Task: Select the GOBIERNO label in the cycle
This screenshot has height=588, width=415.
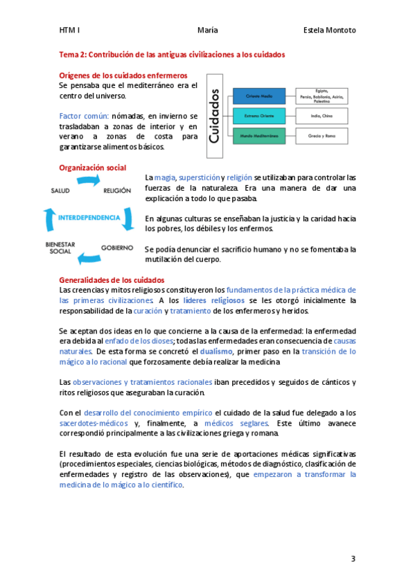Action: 116,247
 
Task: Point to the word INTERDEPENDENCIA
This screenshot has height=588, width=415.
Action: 89,217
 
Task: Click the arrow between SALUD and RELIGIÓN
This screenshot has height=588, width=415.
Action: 89,182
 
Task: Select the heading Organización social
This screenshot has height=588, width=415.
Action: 93,168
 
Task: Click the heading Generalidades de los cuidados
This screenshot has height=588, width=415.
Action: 111,279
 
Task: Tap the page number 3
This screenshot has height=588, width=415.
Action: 353,559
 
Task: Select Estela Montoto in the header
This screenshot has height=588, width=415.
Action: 330,31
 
